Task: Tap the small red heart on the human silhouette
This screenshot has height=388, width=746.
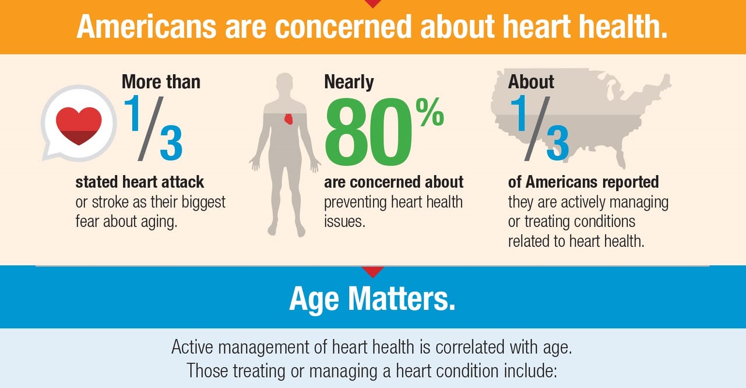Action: pos(288,119)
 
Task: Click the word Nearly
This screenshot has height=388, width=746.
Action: pos(349,82)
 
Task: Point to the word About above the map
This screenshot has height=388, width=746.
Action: pos(531,82)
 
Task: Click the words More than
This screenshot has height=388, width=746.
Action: pos(161,82)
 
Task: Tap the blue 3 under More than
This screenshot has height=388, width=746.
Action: pos(171,143)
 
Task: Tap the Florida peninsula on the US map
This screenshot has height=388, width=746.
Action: pos(620,158)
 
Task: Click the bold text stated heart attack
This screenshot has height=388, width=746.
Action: pos(140,182)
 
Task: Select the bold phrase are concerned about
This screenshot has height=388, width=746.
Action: pos(394,182)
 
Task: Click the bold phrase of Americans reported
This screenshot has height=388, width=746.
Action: pos(583,182)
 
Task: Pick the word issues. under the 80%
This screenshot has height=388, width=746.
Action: pos(344,222)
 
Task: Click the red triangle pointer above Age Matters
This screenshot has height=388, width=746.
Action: pos(373,271)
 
